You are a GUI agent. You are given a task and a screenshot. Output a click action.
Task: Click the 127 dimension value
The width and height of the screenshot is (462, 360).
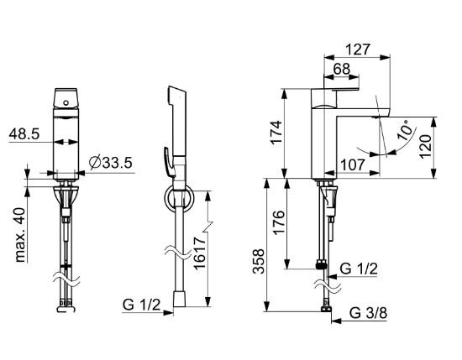tap(357, 50)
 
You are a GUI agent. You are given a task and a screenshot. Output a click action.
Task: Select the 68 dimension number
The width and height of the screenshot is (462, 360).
tap(342, 69)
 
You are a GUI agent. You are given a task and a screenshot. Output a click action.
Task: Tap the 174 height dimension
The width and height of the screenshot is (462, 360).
tap(276, 132)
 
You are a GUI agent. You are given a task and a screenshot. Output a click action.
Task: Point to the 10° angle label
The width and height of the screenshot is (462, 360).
tap(405, 130)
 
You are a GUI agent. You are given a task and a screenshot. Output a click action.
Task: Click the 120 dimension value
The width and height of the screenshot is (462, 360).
tap(425, 147)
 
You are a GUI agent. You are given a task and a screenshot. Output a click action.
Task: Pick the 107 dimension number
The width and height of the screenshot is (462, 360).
tap(353, 165)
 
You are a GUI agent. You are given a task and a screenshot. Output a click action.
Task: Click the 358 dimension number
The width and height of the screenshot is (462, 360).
tap(259, 262)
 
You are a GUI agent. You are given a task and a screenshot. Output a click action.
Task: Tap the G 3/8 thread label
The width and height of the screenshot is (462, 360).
tap(368, 313)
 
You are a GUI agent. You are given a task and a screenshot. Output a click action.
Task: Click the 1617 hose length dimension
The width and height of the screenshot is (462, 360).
tap(199, 253)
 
